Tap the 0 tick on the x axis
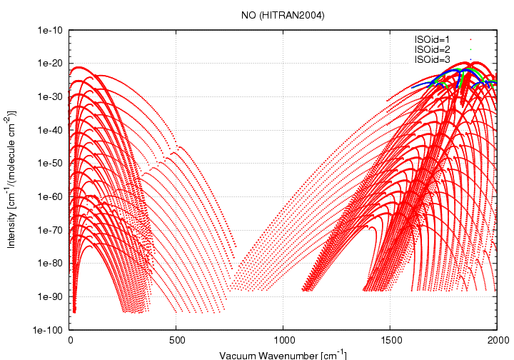70,341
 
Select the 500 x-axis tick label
176,341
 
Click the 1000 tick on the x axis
283,341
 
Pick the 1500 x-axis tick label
390,341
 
